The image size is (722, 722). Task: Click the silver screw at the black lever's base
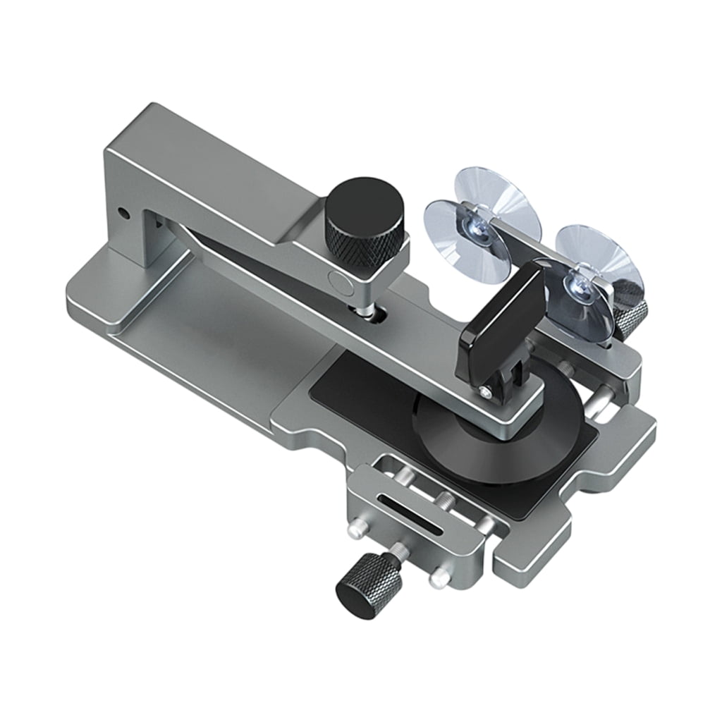[486, 390]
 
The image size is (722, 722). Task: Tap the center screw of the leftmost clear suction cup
[471, 225]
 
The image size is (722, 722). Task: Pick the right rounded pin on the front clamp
[439, 577]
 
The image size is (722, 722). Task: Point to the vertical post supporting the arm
[148, 233]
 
